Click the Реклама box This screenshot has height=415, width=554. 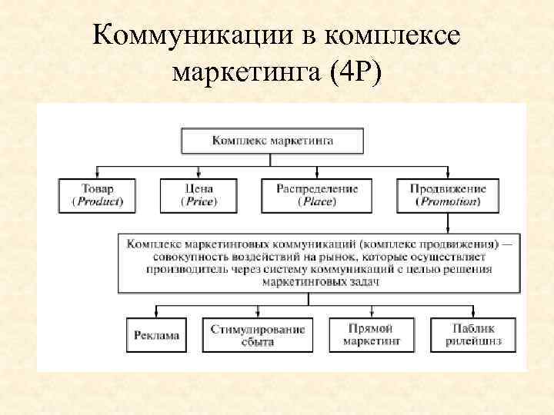click(156, 335)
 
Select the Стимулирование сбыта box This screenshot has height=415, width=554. click(258, 335)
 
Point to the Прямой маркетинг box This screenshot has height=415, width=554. click(371, 335)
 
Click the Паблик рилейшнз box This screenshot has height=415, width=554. click(474, 335)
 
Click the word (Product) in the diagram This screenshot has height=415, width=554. click(98, 201)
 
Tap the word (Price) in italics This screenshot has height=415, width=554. click(199, 201)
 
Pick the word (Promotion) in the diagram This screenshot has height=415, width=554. click(448, 201)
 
